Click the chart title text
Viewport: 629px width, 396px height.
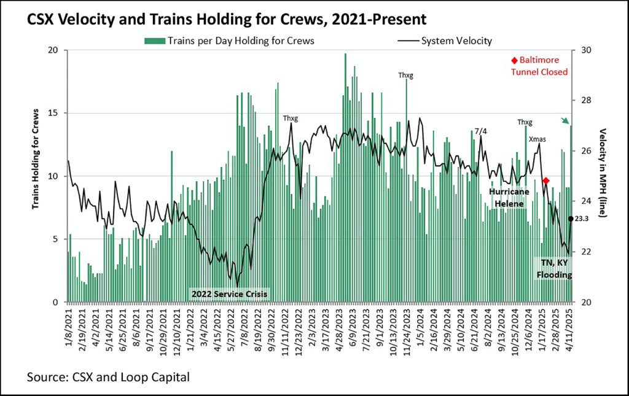(x=226, y=20)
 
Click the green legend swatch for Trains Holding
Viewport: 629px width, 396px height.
(x=154, y=41)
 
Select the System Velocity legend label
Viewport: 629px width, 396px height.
(x=456, y=41)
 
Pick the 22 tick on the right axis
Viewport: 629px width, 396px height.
(x=581, y=252)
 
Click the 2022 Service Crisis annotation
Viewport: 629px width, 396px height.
(x=229, y=294)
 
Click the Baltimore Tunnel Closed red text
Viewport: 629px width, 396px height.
(x=539, y=66)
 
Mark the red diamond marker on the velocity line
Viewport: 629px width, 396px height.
(x=546, y=181)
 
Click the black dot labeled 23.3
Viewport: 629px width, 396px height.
(x=571, y=219)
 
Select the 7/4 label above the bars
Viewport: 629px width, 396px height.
(x=481, y=131)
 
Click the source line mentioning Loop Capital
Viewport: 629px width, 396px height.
(x=108, y=376)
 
